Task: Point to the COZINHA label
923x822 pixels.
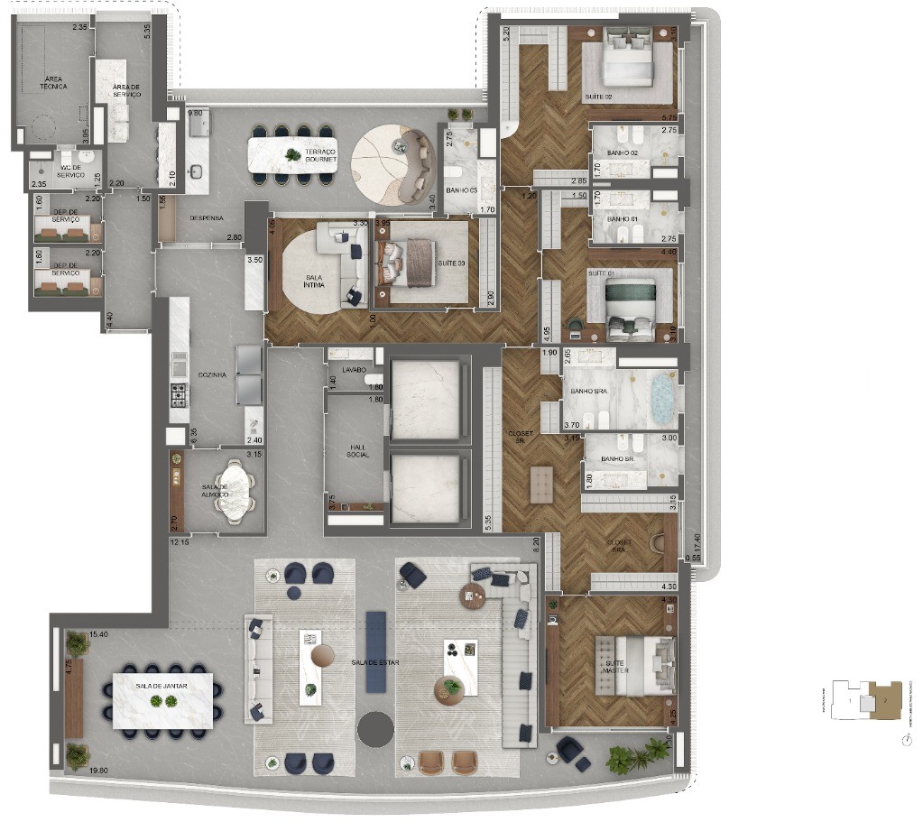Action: coord(213,374)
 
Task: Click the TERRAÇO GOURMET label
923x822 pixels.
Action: coord(320,155)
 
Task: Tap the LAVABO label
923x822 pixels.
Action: coord(354,370)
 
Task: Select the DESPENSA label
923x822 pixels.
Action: coord(207,218)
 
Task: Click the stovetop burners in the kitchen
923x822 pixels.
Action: coord(179,394)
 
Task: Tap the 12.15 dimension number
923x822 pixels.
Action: coord(180,542)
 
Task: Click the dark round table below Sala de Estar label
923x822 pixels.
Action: coord(374,727)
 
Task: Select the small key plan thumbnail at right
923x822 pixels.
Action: coord(866,700)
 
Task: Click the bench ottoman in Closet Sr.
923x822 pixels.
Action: coord(542,484)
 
